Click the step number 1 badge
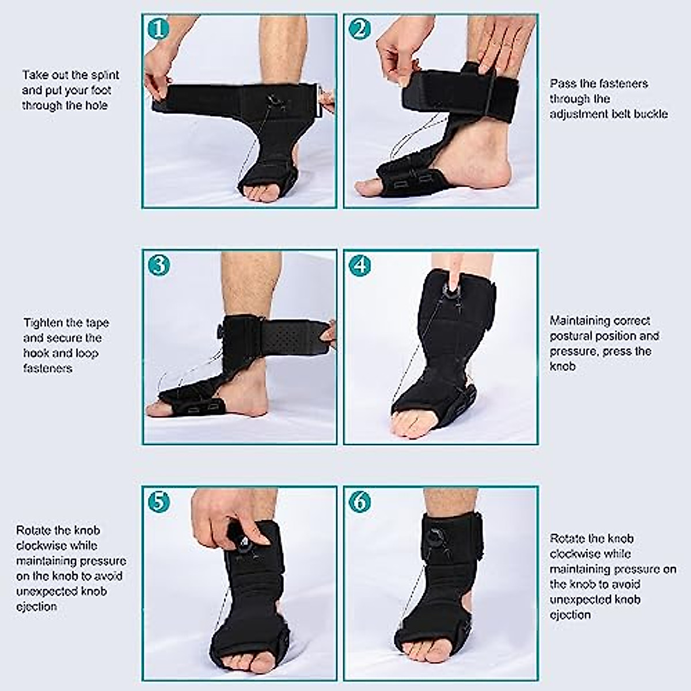(x=158, y=29)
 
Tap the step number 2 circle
(x=359, y=29)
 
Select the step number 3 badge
(x=158, y=265)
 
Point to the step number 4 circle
(x=359, y=265)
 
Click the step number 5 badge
(x=158, y=502)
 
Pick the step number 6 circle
(x=359, y=502)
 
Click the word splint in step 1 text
(x=105, y=75)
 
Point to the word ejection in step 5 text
(x=36, y=606)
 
